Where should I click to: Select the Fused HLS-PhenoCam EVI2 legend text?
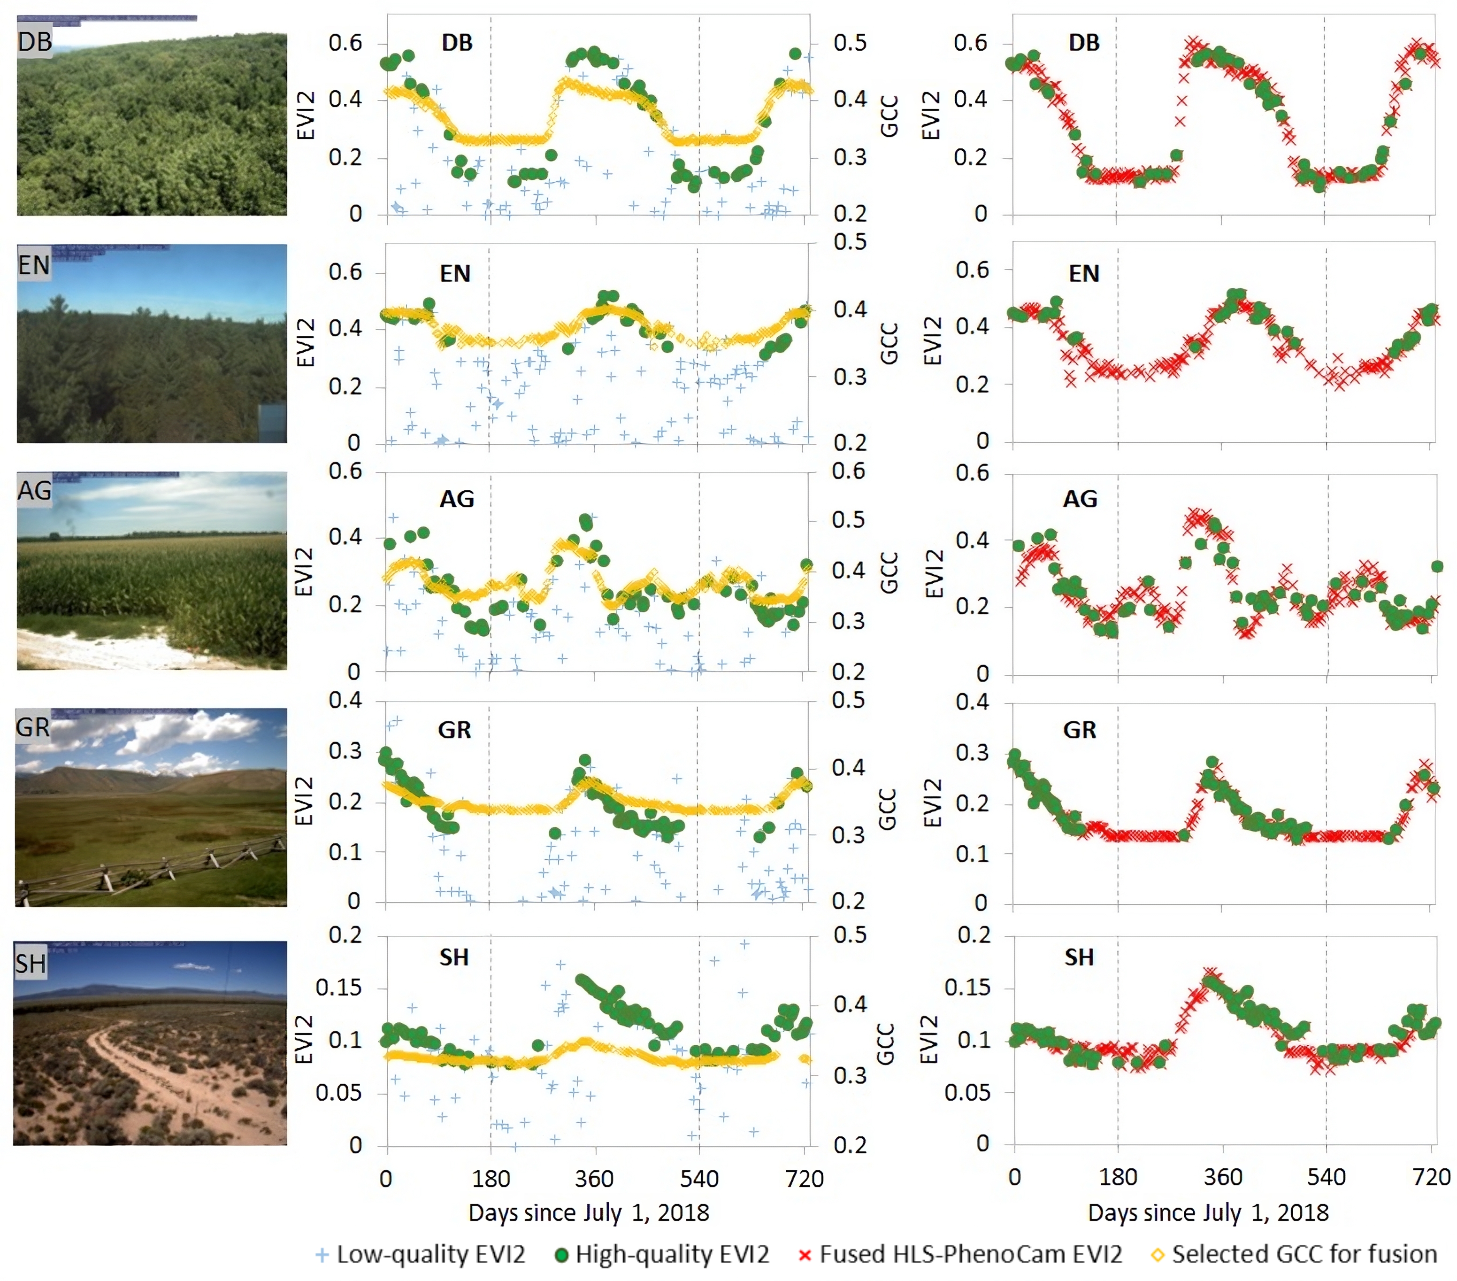coord(971,1253)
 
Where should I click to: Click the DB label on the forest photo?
coord(35,41)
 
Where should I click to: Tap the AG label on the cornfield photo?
coord(35,491)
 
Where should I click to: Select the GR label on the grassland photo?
coord(33,727)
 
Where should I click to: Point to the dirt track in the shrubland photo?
coord(143,1070)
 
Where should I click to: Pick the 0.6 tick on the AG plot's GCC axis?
coord(848,471)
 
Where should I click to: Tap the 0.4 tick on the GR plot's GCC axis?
coord(848,767)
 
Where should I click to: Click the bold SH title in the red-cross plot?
coord(1079,957)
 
